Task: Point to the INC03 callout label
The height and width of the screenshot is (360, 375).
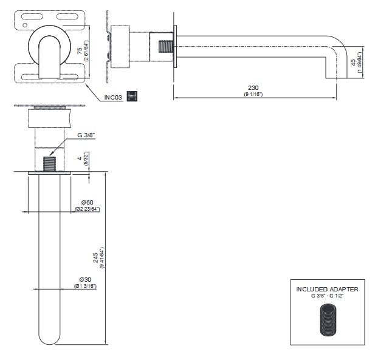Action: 114,97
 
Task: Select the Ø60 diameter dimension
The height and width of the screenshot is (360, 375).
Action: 86,202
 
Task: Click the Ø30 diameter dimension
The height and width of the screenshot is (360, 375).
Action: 86,279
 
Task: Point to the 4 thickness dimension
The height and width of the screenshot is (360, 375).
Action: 80,160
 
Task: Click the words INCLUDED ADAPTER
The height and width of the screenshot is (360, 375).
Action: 326,289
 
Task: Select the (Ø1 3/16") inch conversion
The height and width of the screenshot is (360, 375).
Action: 86,286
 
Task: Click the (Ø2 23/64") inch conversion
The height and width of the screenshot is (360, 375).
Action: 87,209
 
